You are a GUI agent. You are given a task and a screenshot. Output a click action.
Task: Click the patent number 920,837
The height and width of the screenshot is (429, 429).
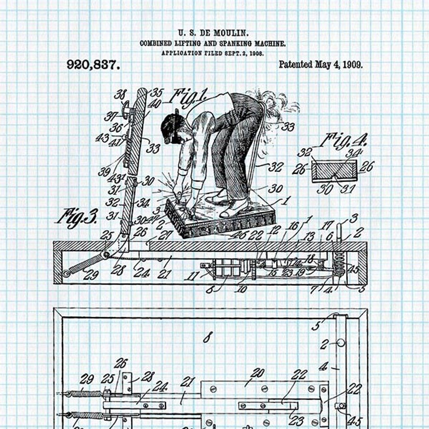click(x=93, y=65)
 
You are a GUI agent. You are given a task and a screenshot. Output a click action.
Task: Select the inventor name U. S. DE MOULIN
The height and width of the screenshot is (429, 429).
click(x=213, y=34)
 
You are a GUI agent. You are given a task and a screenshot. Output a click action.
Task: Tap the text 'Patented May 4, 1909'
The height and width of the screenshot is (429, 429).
click(x=320, y=64)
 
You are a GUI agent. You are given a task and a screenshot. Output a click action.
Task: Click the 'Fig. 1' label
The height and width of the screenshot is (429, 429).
click(x=190, y=96)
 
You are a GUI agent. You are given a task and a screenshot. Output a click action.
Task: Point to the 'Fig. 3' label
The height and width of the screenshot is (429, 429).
click(x=77, y=216)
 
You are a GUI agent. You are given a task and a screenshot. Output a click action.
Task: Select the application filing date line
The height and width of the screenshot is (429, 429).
click(x=212, y=53)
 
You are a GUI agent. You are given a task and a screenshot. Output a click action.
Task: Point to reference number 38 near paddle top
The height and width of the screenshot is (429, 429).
click(x=120, y=95)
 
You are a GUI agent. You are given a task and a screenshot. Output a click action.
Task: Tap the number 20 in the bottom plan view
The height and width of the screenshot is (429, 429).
click(x=258, y=372)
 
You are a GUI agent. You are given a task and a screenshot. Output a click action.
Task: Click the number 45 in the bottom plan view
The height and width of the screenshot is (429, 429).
click(x=355, y=421)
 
